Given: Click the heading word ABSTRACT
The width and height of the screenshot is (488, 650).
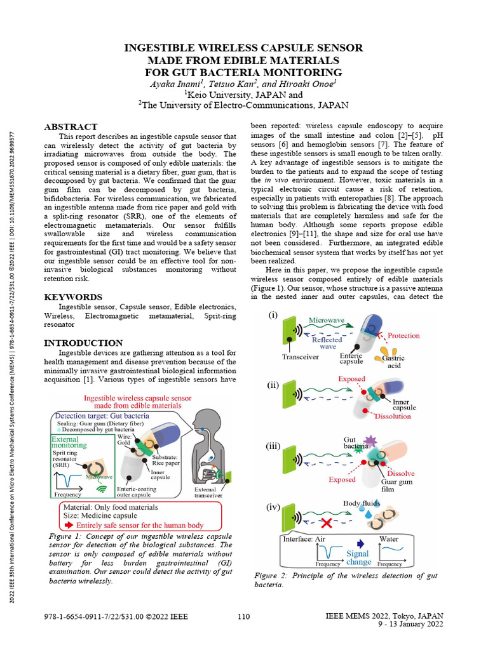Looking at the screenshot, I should (71, 127).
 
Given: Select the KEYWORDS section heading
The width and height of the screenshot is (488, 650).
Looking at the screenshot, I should (73, 297).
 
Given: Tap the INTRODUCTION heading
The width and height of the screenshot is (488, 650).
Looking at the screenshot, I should (83, 343).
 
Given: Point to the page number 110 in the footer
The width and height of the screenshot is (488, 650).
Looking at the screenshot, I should (243, 616).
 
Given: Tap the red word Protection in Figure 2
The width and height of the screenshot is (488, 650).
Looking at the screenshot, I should (403, 335).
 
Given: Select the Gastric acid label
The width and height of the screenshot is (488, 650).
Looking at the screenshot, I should (393, 362).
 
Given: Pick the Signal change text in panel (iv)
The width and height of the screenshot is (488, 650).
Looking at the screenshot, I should (359, 557).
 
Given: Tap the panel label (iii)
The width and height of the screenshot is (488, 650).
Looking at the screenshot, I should (273, 446).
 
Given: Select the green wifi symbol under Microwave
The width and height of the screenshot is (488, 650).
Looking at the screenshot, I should (100, 489).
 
